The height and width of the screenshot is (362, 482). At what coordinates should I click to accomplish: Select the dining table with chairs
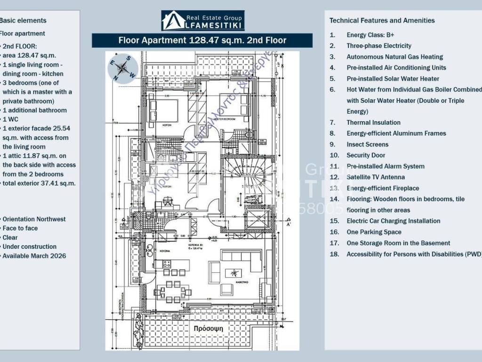(x=172, y=291)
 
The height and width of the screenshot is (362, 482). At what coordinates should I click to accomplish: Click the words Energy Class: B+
(x=370, y=35)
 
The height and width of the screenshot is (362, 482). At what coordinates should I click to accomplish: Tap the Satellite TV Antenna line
(x=375, y=177)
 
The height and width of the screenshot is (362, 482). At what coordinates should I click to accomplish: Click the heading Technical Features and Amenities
(x=382, y=20)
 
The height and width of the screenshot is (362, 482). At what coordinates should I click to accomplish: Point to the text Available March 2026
(x=34, y=256)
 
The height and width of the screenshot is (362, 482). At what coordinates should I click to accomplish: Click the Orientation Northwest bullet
(x=34, y=219)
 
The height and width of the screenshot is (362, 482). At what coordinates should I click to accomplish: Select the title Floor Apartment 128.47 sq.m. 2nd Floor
(x=202, y=41)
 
